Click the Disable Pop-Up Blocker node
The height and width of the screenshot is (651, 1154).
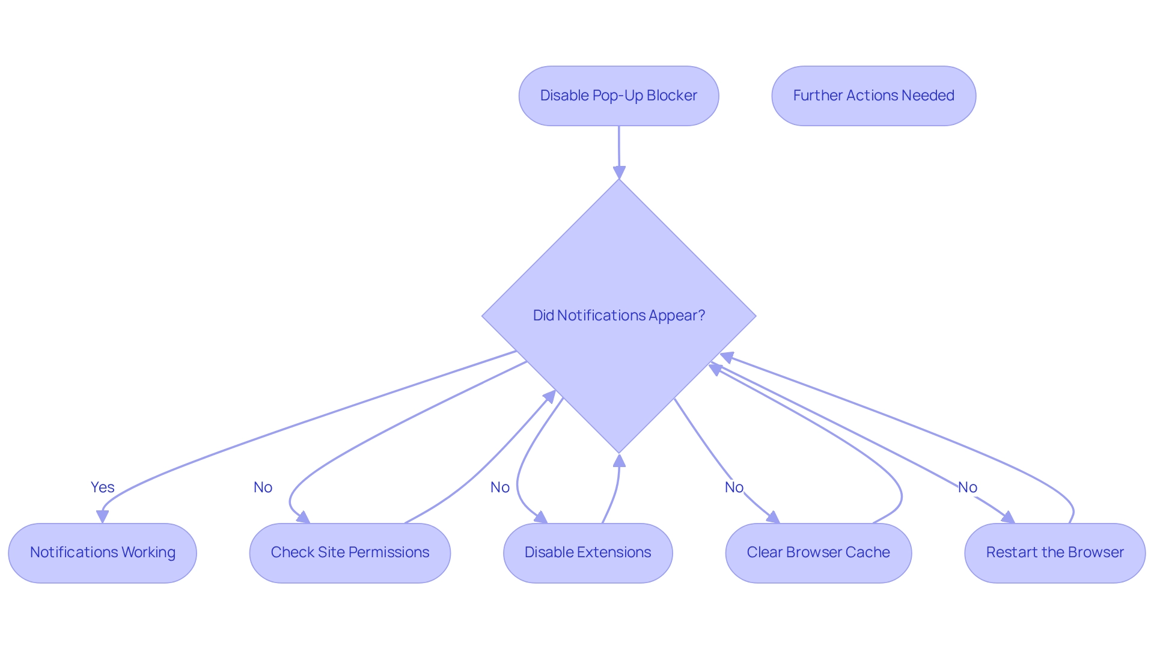(618, 96)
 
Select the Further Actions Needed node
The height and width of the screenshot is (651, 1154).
(873, 96)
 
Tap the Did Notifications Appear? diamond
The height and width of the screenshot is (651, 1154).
(618, 316)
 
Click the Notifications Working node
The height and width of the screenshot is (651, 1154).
(102, 552)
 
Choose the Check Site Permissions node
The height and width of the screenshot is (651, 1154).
(350, 552)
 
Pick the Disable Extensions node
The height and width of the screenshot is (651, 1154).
(587, 552)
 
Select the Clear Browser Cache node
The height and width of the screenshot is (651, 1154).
(818, 552)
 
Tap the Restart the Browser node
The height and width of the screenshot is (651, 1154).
(1055, 552)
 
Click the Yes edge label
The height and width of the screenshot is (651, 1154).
(102, 487)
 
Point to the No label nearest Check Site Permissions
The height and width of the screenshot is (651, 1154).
(263, 487)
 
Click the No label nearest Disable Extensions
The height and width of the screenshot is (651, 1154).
(499, 487)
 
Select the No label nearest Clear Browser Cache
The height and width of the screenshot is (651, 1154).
(734, 487)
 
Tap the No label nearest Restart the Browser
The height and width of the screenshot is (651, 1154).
(967, 487)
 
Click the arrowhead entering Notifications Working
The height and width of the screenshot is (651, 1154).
(103, 516)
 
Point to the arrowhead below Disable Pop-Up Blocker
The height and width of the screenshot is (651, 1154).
(619, 173)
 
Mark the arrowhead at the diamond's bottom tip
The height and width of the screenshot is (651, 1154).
(619, 461)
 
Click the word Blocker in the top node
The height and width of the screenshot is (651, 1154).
(671, 96)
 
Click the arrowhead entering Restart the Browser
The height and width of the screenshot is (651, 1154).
(1008, 518)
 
